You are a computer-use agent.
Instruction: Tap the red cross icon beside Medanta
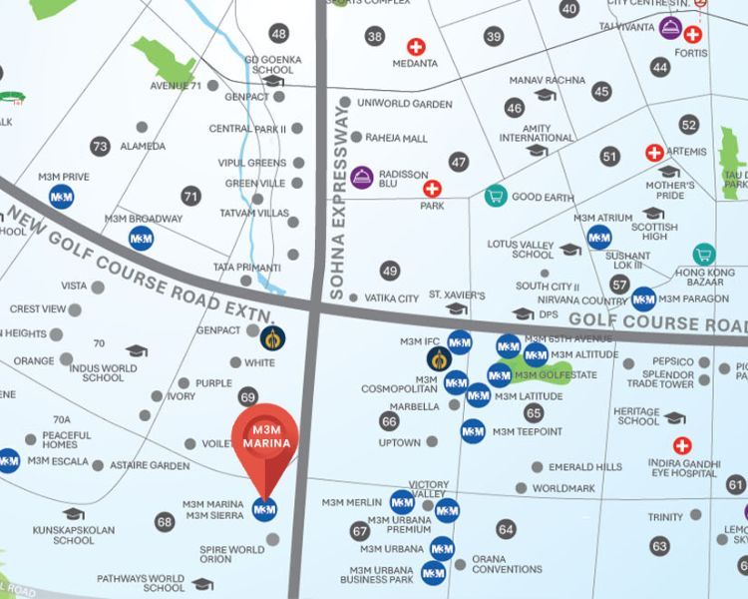coord(415,47)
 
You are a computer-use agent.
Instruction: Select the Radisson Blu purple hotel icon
coord(361,178)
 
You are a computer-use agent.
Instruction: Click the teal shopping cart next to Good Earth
coord(494,196)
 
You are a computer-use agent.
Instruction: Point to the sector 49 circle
coord(390,271)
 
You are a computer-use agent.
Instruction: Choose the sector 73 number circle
coord(99,146)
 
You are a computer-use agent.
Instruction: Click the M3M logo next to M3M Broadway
coord(142,238)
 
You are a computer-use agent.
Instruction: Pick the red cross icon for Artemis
coord(654,153)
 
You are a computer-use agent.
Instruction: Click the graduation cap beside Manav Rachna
coord(545,95)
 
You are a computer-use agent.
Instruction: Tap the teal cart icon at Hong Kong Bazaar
coord(705,254)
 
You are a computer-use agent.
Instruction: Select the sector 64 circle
coord(507,529)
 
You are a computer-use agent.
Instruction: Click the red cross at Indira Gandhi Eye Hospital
coord(682,445)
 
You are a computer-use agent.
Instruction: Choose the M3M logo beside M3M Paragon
coord(643,298)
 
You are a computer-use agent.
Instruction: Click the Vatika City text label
coord(391,299)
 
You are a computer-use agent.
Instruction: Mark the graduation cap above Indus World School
coord(137,350)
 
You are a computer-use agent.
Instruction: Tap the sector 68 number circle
coord(165,521)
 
